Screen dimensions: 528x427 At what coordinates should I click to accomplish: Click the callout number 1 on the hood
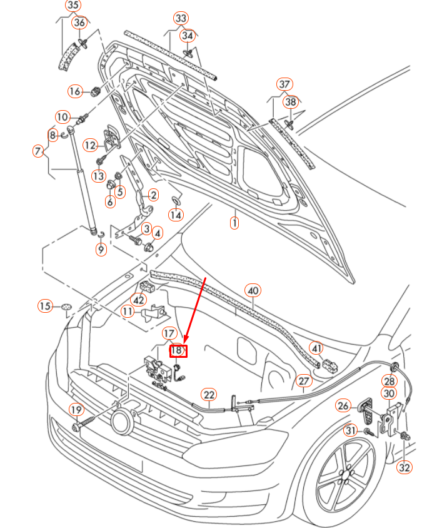(234, 222)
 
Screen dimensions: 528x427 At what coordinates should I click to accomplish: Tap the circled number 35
(73, 6)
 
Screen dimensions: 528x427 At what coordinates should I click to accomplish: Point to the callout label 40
(253, 290)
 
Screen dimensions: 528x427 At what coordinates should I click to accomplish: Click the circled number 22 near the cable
(208, 394)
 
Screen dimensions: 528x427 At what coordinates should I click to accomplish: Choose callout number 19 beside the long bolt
(76, 410)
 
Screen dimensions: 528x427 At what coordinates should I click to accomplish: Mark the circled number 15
(45, 306)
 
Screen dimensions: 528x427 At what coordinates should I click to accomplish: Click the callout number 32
(404, 466)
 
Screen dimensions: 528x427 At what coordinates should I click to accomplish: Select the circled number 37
(284, 84)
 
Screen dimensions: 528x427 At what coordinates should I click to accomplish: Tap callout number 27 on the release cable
(303, 380)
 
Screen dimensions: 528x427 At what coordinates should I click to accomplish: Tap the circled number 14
(176, 215)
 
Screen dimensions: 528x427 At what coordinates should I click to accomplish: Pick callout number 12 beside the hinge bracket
(91, 145)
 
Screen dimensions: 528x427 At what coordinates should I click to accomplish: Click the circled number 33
(181, 18)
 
